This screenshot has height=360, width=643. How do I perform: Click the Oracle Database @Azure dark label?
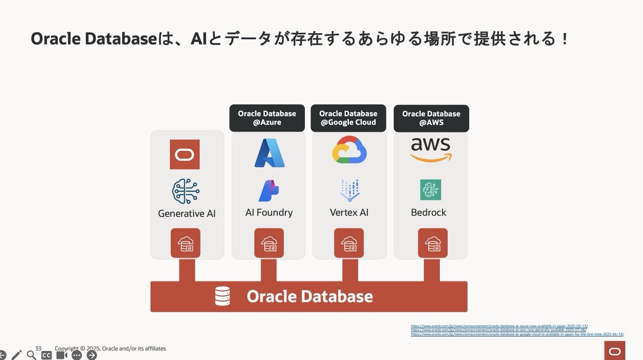pyautogui.click(x=267, y=118)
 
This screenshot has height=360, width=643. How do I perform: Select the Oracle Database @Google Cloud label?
pyautogui.click(x=348, y=118)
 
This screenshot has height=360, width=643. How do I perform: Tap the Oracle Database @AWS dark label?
pyautogui.click(x=431, y=118)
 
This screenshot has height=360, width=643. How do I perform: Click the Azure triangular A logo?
pyautogui.click(x=269, y=153)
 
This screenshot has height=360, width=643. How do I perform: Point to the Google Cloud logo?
pyautogui.click(x=349, y=149)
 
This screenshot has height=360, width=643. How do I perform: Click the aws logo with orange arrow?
pyautogui.click(x=431, y=150)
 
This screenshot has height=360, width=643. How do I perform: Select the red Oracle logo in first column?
pyautogui.click(x=184, y=154)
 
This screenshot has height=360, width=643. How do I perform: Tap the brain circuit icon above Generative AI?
pyautogui.click(x=185, y=192)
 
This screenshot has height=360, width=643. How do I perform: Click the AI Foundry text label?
pyautogui.click(x=269, y=213)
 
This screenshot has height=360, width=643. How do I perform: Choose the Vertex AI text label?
pyautogui.click(x=349, y=213)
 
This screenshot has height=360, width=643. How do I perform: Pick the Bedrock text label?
pyautogui.click(x=429, y=213)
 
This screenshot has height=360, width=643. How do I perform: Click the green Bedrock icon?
pyautogui.click(x=431, y=190)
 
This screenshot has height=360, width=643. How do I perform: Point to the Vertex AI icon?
pyautogui.click(x=350, y=190)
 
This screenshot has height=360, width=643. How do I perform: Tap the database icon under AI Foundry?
pyautogui.click(x=269, y=243)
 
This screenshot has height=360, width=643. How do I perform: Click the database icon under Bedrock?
pyautogui.click(x=432, y=243)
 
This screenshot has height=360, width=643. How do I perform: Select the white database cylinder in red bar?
pyautogui.click(x=222, y=296)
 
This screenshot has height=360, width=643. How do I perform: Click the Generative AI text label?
pyautogui.click(x=186, y=213)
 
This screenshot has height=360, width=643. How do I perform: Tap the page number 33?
pyautogui.click(x=39, y=348)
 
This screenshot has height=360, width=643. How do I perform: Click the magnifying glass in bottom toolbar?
pyautogui.click(x=31, y=355)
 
